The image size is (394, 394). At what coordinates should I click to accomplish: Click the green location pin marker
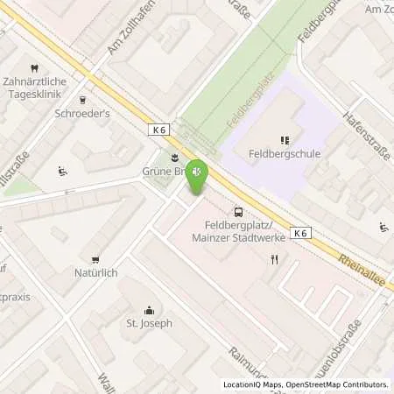[x=199, y=175]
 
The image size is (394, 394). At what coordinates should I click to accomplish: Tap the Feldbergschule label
[x=283, y=153]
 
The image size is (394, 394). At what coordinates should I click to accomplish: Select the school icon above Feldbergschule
[x=284, y=139]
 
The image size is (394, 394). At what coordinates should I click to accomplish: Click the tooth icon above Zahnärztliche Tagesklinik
[x=34, y=67]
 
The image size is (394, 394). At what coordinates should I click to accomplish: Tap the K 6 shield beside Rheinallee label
[x=301, y=233]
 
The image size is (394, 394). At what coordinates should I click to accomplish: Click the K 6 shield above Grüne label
[x=158, y=128]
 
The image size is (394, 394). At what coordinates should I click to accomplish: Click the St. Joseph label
[x=149, y=323]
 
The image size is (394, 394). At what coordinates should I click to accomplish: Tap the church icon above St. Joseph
[x=149, y=309]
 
